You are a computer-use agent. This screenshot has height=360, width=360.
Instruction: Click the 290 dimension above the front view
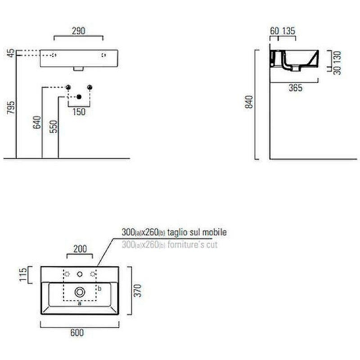click(x=78, y=31)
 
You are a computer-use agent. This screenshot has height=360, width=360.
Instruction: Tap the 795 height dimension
click(x=11, y=107)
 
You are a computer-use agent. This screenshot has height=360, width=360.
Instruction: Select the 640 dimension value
click(x=37, y=122)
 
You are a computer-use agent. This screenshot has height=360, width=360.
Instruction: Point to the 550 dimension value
click(x=54, y=126)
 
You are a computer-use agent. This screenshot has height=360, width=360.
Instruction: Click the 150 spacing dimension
click(x=79, y=112)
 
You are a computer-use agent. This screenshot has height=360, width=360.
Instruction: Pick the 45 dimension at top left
click(x=11, y=53)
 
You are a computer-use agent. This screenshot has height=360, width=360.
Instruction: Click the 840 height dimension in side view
click(x=249, y=102)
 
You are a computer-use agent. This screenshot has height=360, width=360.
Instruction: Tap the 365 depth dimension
click(x=296, y=88)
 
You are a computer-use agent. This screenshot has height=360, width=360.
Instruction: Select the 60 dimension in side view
click(x=274, y=31)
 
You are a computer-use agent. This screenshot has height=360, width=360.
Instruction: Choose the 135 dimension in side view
click(x=288, y=31)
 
